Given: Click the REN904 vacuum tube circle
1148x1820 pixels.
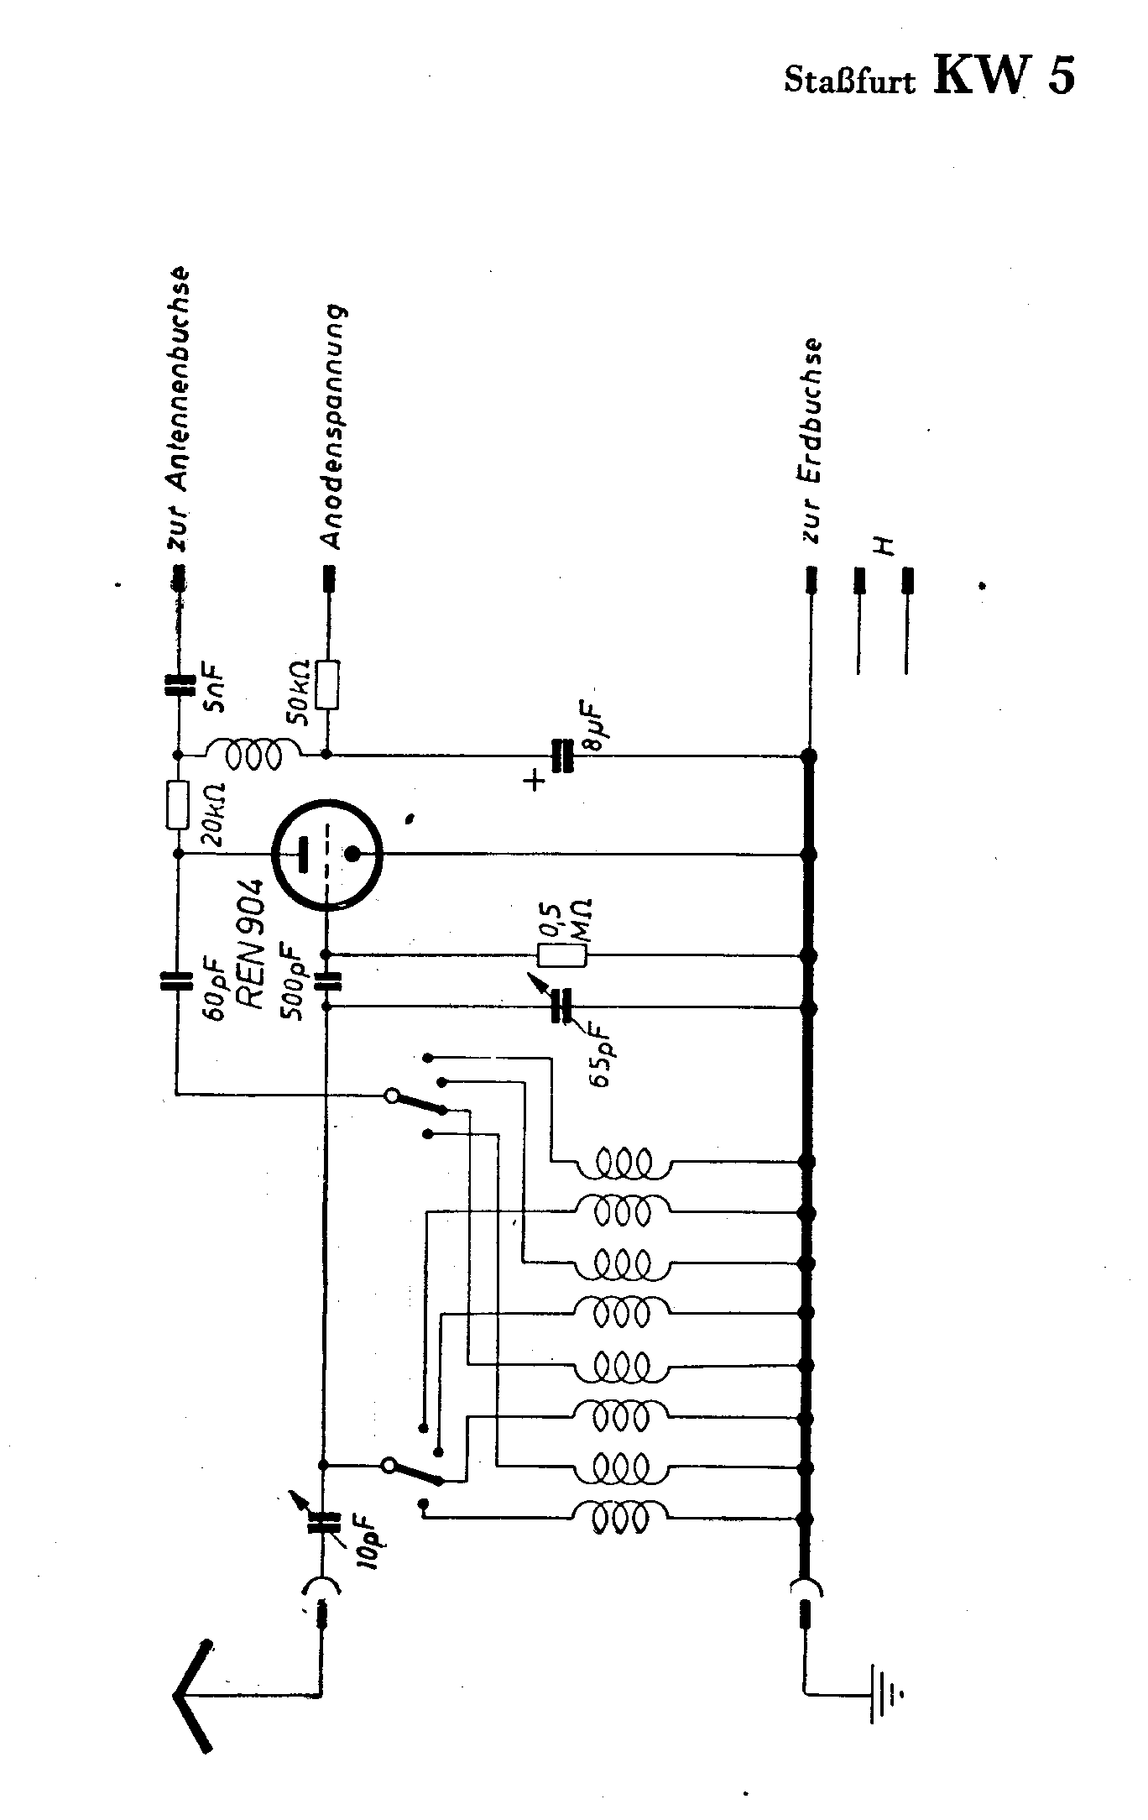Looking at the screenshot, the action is coord(328,854).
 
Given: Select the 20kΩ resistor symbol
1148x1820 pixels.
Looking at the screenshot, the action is coord(177,804).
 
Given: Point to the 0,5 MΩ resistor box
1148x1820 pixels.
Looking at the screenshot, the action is coord(561,955).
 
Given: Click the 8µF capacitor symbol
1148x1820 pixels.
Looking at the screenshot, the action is coord(561,756).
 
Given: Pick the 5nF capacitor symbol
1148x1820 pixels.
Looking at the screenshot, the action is coord(177,687).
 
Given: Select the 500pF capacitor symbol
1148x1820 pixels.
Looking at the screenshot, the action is coord(326,980).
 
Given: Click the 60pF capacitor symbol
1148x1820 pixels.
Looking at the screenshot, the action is coord(177,981).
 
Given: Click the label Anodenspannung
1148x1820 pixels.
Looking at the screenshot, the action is coord(335,426).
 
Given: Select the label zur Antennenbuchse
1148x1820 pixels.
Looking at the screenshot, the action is coord(180,409).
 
